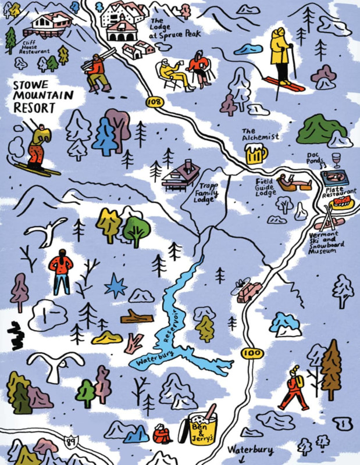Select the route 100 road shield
(251, 353)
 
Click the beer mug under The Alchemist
(256, 155)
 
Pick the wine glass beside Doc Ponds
(336, 159)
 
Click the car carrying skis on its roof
(248, 291)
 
